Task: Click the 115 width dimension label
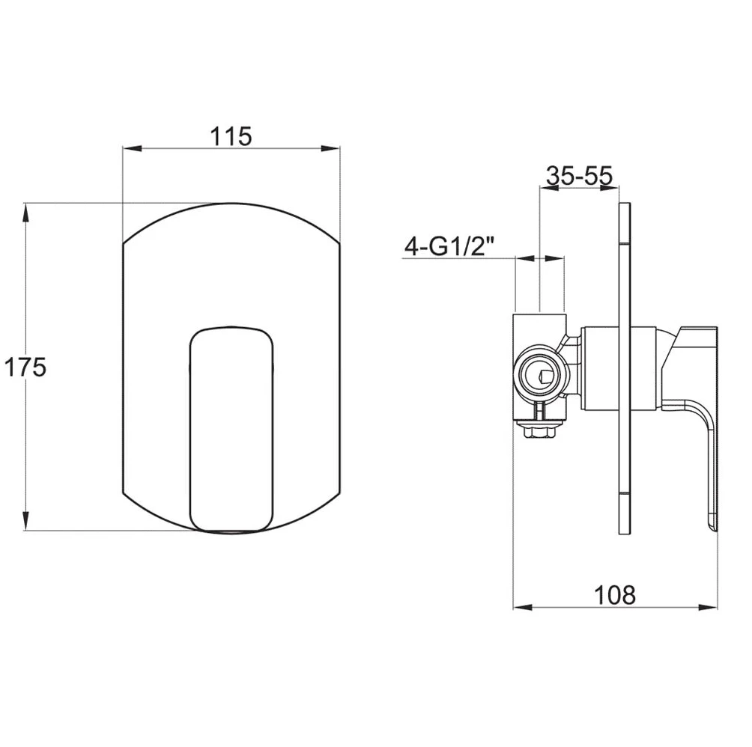pos(229,136)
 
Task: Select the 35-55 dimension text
pos(579,176)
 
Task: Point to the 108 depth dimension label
pos(614,595)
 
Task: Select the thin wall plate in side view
pos(625,367)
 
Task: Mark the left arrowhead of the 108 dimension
pos(521,607)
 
